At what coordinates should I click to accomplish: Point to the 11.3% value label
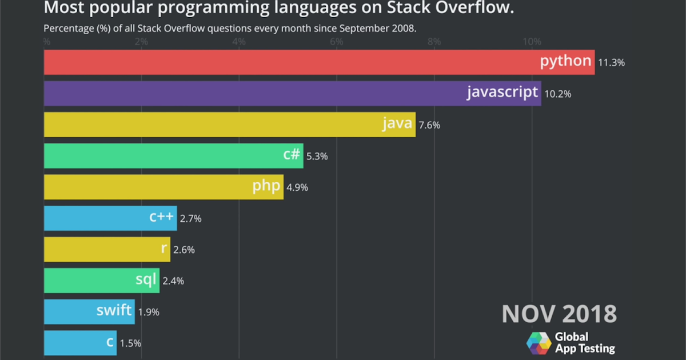611,63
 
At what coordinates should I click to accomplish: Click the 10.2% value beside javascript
557,94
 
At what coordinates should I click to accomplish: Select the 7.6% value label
429,125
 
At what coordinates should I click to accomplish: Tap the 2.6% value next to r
184,250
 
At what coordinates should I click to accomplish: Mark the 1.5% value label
130,343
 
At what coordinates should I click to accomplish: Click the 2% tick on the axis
141,41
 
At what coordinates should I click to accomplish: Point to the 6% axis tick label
337,41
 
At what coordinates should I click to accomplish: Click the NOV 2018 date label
559,314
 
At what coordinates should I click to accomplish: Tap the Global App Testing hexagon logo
539,343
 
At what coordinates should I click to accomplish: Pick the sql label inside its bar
145,279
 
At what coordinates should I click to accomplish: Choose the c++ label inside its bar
161,217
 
